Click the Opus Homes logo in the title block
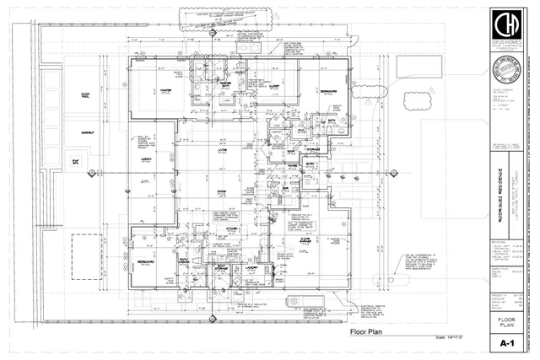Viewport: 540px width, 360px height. pos(507,29)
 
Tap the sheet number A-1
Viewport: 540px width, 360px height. pos(507,344)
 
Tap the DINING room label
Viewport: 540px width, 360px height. pos(221,193)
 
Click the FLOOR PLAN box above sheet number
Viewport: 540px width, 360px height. pos(507,323)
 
